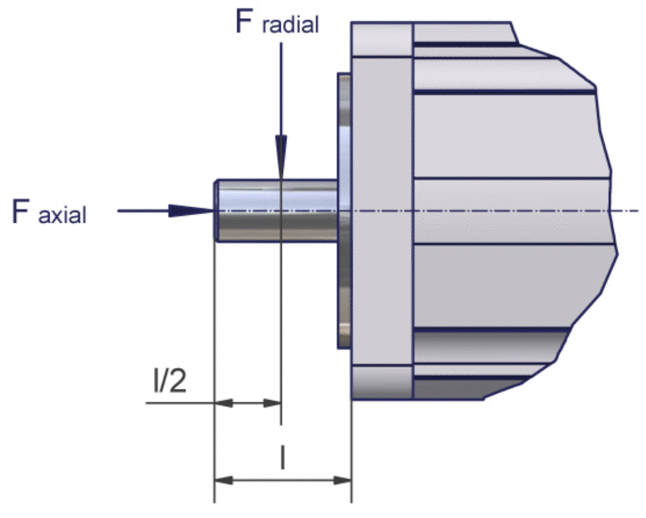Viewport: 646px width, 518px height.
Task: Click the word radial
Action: tap(290, 25)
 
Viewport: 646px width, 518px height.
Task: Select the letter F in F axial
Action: tap(23, 210)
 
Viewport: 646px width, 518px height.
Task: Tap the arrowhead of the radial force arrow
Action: tap(281, 163)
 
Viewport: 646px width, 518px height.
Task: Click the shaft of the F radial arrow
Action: tap(281, 91)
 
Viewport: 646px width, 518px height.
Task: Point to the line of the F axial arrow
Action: tap(145, 210)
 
